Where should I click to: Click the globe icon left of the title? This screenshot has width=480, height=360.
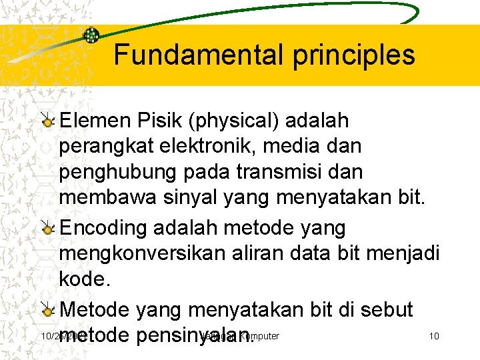point(91,35)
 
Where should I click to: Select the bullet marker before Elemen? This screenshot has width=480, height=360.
point(47,121)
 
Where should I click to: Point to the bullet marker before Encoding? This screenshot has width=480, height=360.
point(47,229)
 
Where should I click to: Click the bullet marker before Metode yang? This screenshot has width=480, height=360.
point(47,309)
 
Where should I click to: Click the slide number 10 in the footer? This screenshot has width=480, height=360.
point(433,336)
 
